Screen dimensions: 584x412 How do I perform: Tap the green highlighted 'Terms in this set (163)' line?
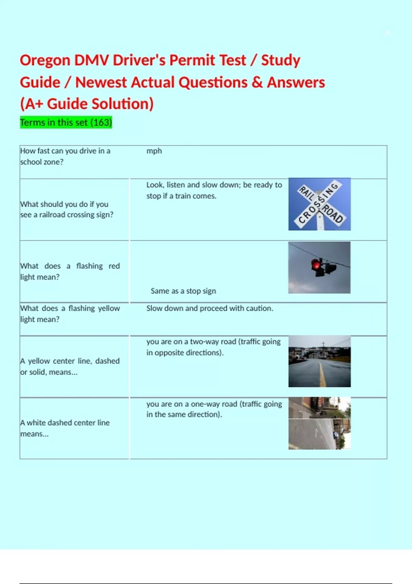pyautogui.click(x=66, y=122)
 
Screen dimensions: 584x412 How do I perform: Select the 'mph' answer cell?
pyautogui.click(x=154, y=151)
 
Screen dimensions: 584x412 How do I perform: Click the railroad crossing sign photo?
pyautogui.click(x=319, y=204)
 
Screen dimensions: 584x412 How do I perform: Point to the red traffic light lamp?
pyautogui.click(x=316, y=265)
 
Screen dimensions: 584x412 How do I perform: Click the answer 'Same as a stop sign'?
pyautogui.click(x=183, y=291)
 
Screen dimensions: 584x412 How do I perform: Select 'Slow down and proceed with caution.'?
pyautogui.click(x=210, y=308)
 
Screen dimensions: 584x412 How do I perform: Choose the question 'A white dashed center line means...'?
pyautogui.click(x=65, y=428)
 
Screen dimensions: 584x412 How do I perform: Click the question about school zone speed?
pyautogui.click(x=65, y=156)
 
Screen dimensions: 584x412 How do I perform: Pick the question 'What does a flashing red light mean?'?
pyautogui.click(x=70, y=271)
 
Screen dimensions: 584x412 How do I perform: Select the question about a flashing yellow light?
pyautogui.click(x=70, y=314)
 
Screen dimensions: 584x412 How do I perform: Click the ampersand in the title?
pyautogui.click(x=257, y=82)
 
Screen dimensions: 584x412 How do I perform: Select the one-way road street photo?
pyautogui.click(x=319, y=423)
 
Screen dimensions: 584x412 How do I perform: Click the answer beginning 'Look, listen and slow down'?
pyautogui.click(x=214, y=190)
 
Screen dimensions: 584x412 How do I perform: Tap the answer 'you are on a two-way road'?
pyautogui.click(x=213, y=347)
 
